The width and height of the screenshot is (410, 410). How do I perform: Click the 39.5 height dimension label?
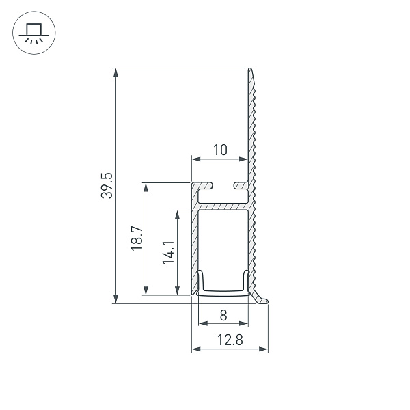pos(107,184)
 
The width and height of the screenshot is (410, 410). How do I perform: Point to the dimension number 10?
pos(219,150)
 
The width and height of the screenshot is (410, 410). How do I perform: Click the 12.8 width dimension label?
pos(230,340)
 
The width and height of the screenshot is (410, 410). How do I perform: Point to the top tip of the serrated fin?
pos(251,70)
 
